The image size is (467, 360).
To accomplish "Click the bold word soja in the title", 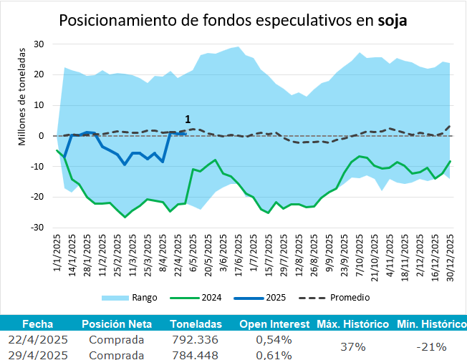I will pos(392,20).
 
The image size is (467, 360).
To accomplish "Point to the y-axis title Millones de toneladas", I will pos(23,96).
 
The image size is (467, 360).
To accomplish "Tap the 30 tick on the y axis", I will pos(40,44).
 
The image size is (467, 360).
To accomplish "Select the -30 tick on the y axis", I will pos(39,228).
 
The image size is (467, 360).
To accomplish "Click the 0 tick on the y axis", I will pos(42,136).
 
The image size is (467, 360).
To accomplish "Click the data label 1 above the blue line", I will pos(188,119).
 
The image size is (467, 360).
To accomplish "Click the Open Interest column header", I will pos(274,324).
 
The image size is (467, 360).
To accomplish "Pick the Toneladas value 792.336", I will pos(195,339).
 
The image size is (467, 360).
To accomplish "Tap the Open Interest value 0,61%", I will pos(274,354).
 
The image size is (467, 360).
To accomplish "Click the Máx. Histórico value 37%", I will pos(353,346).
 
